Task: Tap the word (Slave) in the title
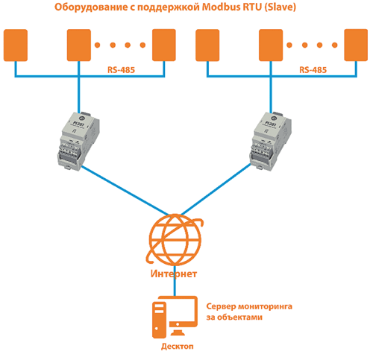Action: pos(280,7)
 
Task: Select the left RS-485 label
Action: pos(121,70)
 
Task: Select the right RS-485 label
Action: pos(313,70)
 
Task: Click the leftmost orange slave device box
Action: pos(16,45)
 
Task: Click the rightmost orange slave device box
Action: pos(356,45)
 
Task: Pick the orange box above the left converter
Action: pos(79,45)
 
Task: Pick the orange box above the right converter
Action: pos(271,45)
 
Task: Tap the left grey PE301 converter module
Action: pos(78,141)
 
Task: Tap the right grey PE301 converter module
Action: pos(271,141)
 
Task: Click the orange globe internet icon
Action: pos(175,239)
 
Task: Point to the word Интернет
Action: pos(174,274)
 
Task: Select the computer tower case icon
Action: pos(159,320)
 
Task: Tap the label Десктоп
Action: pos(178,347)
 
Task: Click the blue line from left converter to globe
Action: pos(125,191)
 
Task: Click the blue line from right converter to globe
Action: pos(216,189)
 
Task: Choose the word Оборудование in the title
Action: pos(90,7)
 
